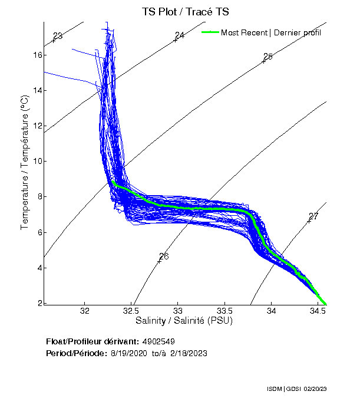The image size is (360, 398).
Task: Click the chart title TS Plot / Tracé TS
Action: (186, 11)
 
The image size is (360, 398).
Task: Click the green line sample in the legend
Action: (210, 32)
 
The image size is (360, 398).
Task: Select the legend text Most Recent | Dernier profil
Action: (271, 32)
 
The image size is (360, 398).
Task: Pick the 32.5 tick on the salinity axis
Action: (131, 311)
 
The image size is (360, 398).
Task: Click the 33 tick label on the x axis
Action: (178, 311)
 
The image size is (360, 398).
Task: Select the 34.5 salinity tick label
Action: (318, 311)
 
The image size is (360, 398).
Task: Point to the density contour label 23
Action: (58, 36)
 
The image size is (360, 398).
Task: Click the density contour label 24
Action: (180, 35)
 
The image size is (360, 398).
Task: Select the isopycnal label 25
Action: (268, 57)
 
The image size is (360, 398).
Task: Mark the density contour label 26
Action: (164, 256)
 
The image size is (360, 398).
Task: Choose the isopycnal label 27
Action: (313, 216)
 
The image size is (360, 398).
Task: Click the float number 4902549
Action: (158, 341)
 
